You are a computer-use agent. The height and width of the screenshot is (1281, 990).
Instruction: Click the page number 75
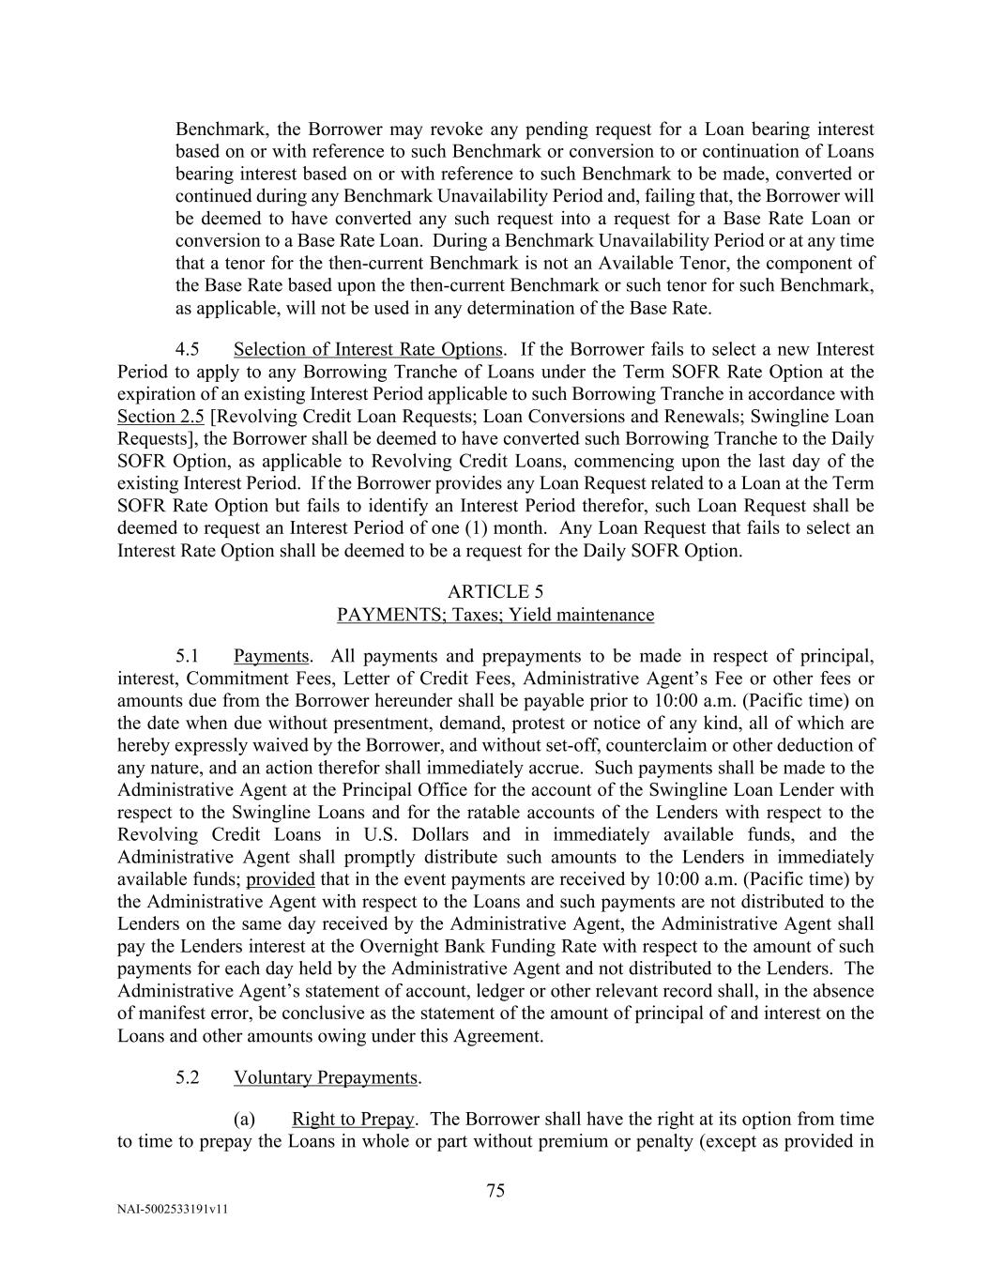[x=495, y=1191]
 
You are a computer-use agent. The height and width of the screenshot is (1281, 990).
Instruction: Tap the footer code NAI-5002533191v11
[x=173, y=1210]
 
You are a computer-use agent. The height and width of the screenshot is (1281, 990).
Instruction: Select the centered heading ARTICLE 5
[x=495, y=592]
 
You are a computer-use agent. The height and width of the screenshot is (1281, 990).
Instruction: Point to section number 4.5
[x=188, y=350]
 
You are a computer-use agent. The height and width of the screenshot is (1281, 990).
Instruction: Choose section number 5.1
[x=188, y=656]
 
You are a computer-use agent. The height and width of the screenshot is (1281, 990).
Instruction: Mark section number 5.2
[x=188, y=1077]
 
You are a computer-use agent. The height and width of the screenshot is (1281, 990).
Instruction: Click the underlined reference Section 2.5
[x=160, y=417]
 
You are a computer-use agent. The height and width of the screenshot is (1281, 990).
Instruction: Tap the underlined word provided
[x=280, y=879]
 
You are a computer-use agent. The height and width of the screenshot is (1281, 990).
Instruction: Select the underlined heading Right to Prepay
[x=353, y=1119]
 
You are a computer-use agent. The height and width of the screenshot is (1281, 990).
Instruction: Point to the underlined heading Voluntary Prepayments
[x=325, y=1077]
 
